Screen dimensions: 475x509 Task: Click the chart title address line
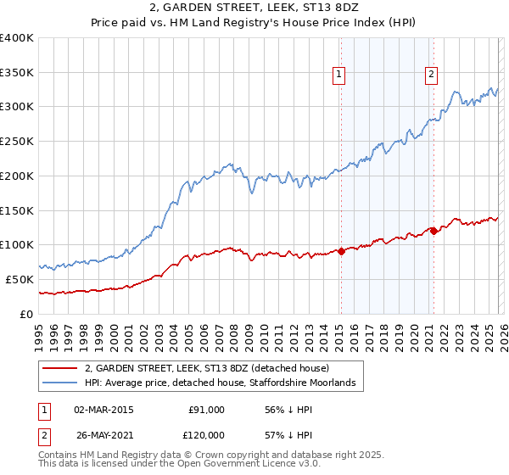(254, 8)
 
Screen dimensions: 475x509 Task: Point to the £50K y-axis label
(19, 279)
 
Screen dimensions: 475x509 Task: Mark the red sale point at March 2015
(341, 251)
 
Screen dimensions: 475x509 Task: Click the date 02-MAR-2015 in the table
(103, 409)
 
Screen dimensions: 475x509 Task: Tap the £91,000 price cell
(206, 409)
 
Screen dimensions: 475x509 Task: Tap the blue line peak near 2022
(456, 91)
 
